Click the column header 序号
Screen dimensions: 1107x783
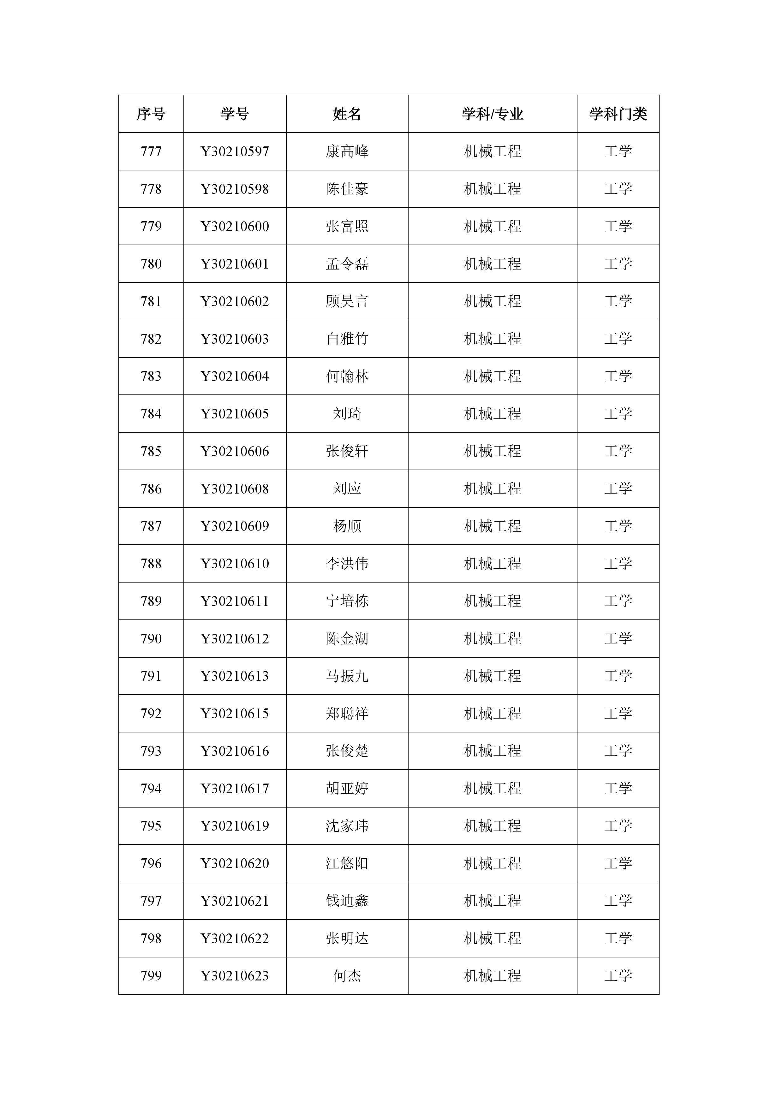[x=151, y=114]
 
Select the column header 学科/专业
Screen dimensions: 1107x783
[x=492, y=114]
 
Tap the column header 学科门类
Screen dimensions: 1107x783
[x=618, y=114]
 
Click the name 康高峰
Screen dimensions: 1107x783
[x=347, y=151]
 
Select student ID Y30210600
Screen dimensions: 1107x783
[x=235, y=226]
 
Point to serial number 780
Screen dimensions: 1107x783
[x=151, y=264]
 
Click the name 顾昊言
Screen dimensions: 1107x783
[x=347, y=301]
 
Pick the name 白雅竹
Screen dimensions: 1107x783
[x=347, y=339]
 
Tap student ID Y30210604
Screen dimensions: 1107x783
[x=235, y=376]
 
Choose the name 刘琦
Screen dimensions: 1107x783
[x=347, y=414]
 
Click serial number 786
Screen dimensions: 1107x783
[x=151, y=488]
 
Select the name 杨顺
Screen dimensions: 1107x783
[x=347, y=526]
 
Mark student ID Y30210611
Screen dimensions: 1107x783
[x=235, y=601]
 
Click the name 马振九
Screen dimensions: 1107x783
[x=347, y=676]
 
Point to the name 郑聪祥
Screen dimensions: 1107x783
[x=347, y=713]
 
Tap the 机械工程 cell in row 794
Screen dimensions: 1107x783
[x=492, y=788]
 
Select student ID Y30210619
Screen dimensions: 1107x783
[x=235, y=826]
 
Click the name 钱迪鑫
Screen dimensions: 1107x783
[x=347, y=901]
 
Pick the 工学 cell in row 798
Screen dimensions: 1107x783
[x=618, y=938]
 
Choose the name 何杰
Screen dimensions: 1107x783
[x=347, y=976]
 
